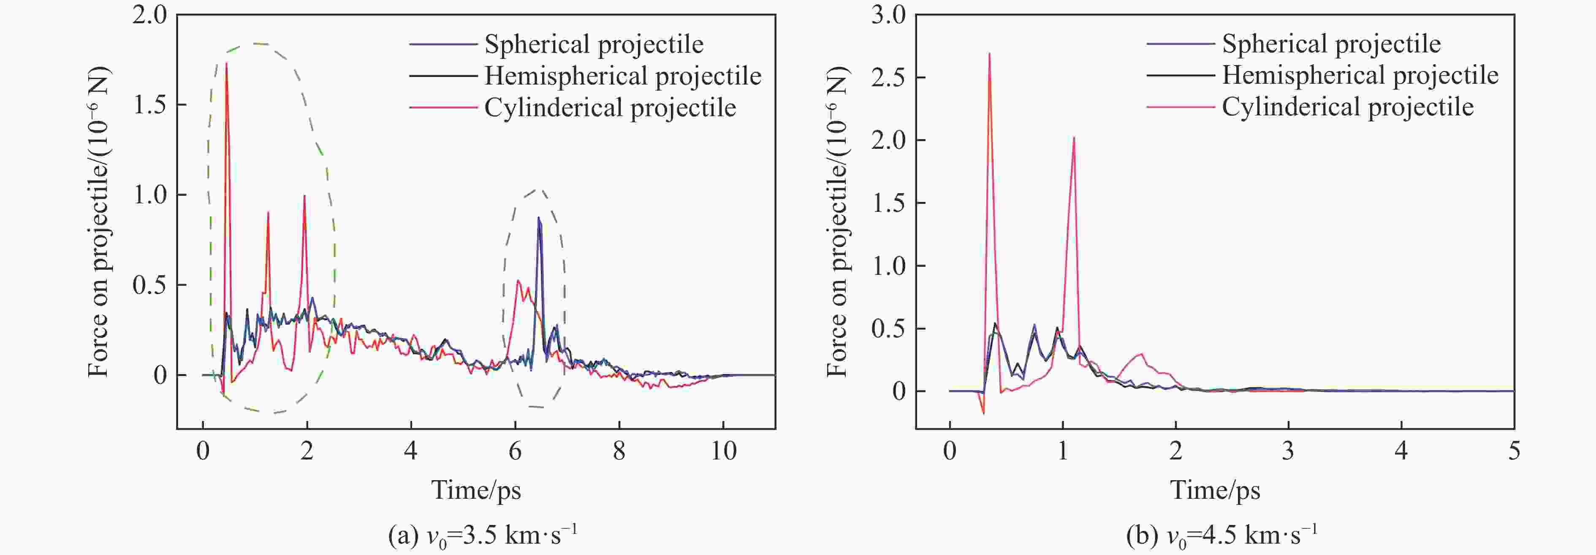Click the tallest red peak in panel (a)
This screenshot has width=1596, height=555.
point(227,65)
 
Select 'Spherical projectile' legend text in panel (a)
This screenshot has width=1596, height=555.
point(594,44)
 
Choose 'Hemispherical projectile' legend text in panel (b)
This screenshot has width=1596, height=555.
point(1360,75)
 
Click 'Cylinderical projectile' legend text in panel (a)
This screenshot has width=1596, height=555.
point(610,108)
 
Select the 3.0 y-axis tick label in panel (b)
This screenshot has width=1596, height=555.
point(888,15)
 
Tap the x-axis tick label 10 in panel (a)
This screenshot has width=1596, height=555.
point(723,451)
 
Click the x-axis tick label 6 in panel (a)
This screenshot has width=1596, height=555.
point(515,451)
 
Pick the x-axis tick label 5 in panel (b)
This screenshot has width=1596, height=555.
point(1514,451)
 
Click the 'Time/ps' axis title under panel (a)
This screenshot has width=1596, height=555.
point(476,490)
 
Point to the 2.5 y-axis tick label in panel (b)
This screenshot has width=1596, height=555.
point(888,77)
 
